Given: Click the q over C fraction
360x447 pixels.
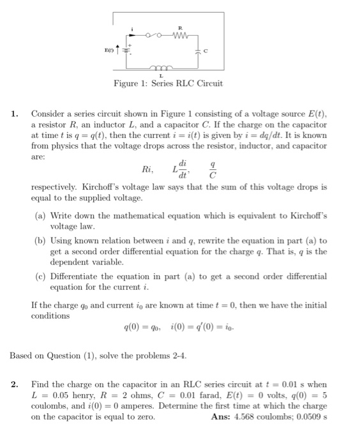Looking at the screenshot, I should pos(213,170).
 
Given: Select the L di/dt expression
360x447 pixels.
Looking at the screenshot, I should pos(181,170).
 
